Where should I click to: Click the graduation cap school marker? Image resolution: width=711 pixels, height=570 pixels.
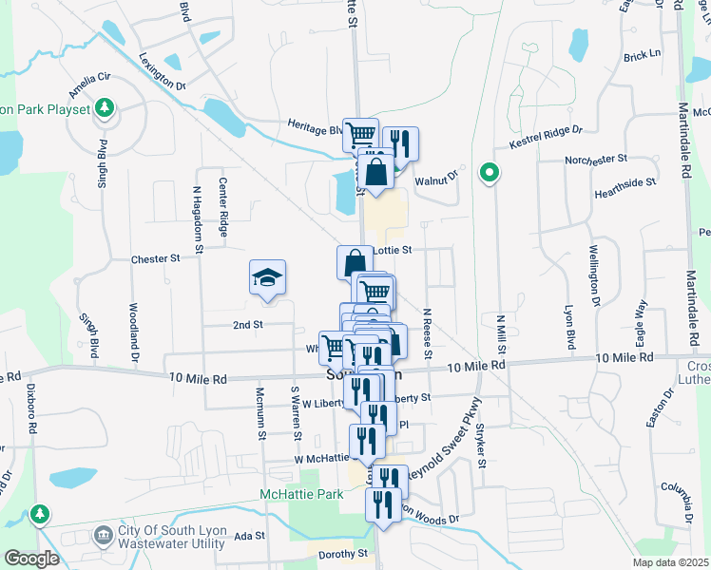(268, 277)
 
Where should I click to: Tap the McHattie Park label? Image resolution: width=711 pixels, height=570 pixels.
(301, 495)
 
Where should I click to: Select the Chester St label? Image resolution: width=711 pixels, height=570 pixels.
(155, 258)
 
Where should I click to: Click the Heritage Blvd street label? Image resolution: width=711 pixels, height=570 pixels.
(315, 127)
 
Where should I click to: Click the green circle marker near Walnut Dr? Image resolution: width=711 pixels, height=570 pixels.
(490, 173)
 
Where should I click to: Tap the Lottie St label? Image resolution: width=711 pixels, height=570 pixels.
(392, 251)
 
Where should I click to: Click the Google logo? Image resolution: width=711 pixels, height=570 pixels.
(30, 559)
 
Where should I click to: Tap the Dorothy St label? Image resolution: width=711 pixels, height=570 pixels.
(343, 554)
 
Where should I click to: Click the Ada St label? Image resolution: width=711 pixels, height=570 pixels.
(249, 537)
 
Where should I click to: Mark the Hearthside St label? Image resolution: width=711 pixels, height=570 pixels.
(625, 181)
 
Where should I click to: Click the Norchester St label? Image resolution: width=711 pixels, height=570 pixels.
(596, 159)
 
